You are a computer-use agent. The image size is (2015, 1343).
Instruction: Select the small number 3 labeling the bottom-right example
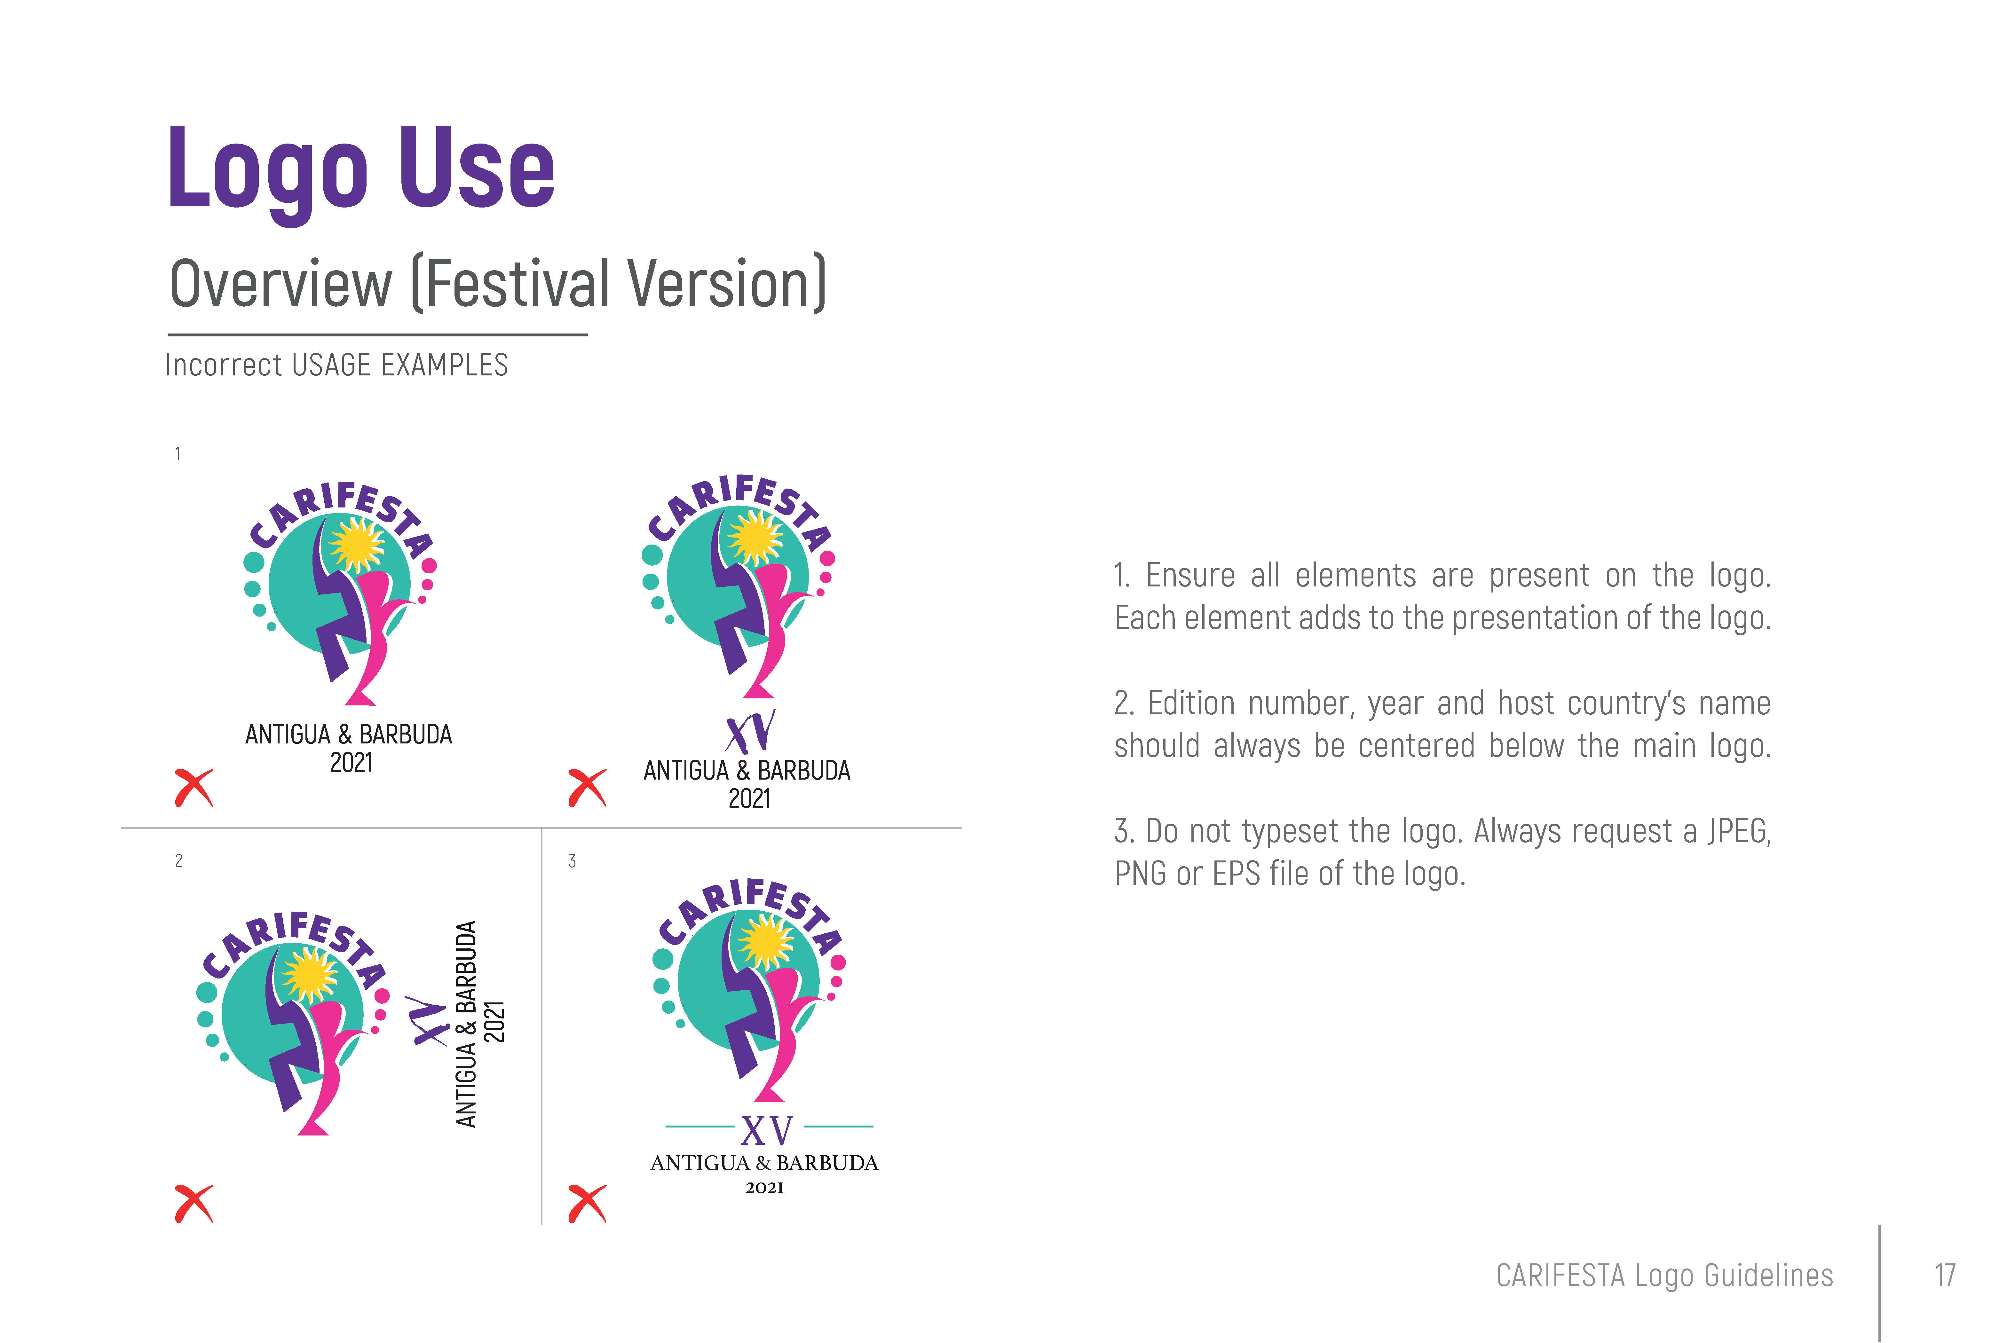(x=572, y=861)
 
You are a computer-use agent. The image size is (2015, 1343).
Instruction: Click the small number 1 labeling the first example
(x=177, y=454)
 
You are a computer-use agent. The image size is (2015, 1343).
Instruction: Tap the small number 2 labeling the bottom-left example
(x=178, y=861)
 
